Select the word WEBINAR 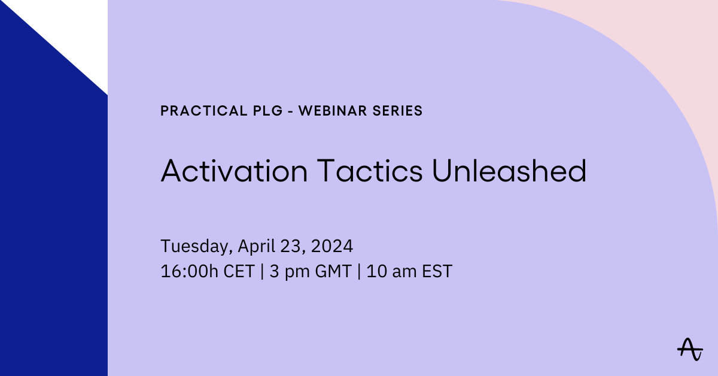333,111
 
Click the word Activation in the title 234,172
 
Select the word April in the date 256,247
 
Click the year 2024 332,246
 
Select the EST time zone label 435,271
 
